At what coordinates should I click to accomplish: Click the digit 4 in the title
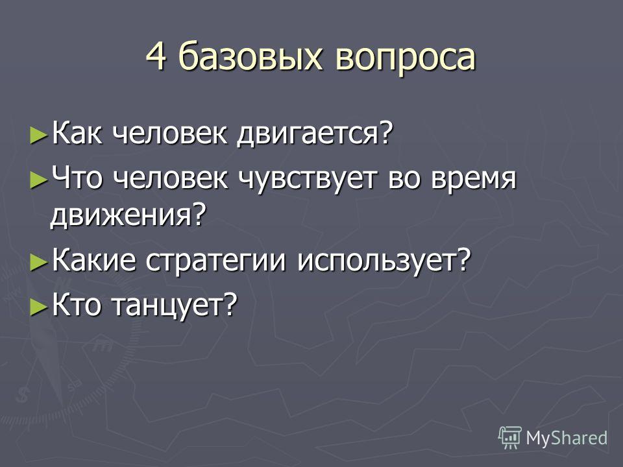156,56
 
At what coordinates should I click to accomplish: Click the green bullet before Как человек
39,135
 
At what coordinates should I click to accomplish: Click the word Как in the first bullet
77,133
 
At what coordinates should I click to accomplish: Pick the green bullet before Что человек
39,180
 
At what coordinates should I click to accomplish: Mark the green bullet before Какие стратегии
39,263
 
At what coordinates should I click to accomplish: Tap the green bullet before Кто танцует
39,307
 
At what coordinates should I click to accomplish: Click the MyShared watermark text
566,438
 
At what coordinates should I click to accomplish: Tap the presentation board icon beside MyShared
510,438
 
